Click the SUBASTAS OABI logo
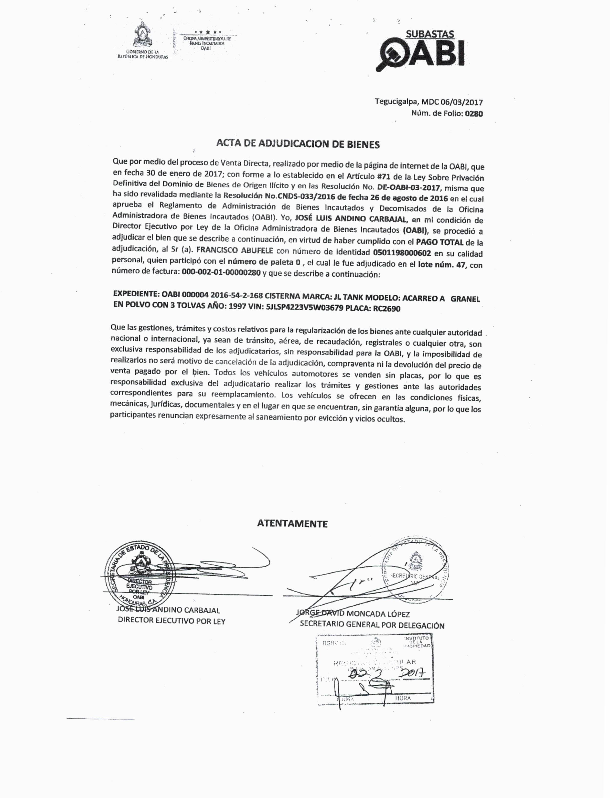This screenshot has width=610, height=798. pos(421,51)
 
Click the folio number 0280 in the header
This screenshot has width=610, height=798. pos(474,114)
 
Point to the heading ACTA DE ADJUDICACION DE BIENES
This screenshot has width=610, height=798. pos(298,144)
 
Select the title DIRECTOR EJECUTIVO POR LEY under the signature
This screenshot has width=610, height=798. pos(171,621)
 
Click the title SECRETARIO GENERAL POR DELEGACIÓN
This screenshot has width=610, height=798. pos(372,625)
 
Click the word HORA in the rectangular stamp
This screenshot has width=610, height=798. pos(403,698)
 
